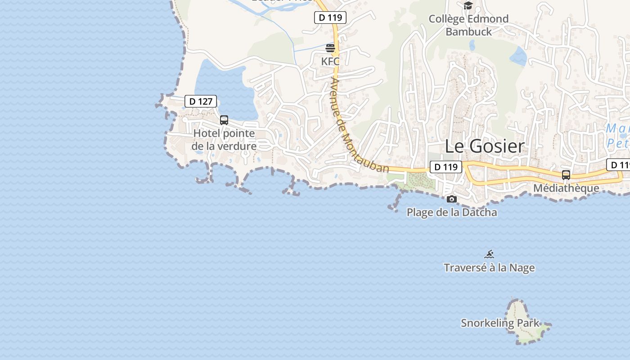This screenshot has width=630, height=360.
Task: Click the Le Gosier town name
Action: [x=485, y=146]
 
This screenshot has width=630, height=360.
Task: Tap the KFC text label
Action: [x=330, y=61]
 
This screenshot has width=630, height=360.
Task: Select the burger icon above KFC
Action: [x=330, y=48]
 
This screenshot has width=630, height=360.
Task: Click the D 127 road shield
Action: [x=201, y=101]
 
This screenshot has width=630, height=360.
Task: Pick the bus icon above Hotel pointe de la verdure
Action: [x=224, y=120]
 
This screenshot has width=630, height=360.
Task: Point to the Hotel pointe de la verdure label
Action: [x=224, y=139]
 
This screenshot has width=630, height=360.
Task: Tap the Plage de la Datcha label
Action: [x=452, y=212]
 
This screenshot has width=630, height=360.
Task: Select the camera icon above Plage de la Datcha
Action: [x=452, y=199]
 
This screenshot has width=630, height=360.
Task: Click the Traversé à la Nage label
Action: [x=489, y=268]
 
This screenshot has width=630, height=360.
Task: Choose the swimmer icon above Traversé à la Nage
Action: [x=490, y=254]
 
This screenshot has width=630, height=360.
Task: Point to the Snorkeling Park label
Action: [x=500, y=323]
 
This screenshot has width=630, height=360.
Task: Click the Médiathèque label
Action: [x=566, y=188]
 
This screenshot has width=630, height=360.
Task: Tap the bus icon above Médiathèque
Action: [x=566, y=175]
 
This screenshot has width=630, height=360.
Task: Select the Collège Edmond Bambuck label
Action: [x=468, y=25]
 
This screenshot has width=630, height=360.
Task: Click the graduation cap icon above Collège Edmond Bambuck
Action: [x=468, y=5]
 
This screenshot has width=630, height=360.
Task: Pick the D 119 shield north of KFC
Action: [x=330, y=18]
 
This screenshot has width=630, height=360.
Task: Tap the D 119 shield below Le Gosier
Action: [x=446, y=167]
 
